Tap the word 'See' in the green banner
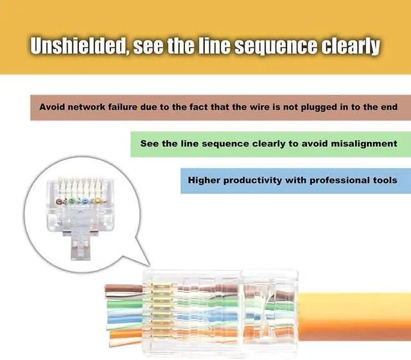click(150, 144)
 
